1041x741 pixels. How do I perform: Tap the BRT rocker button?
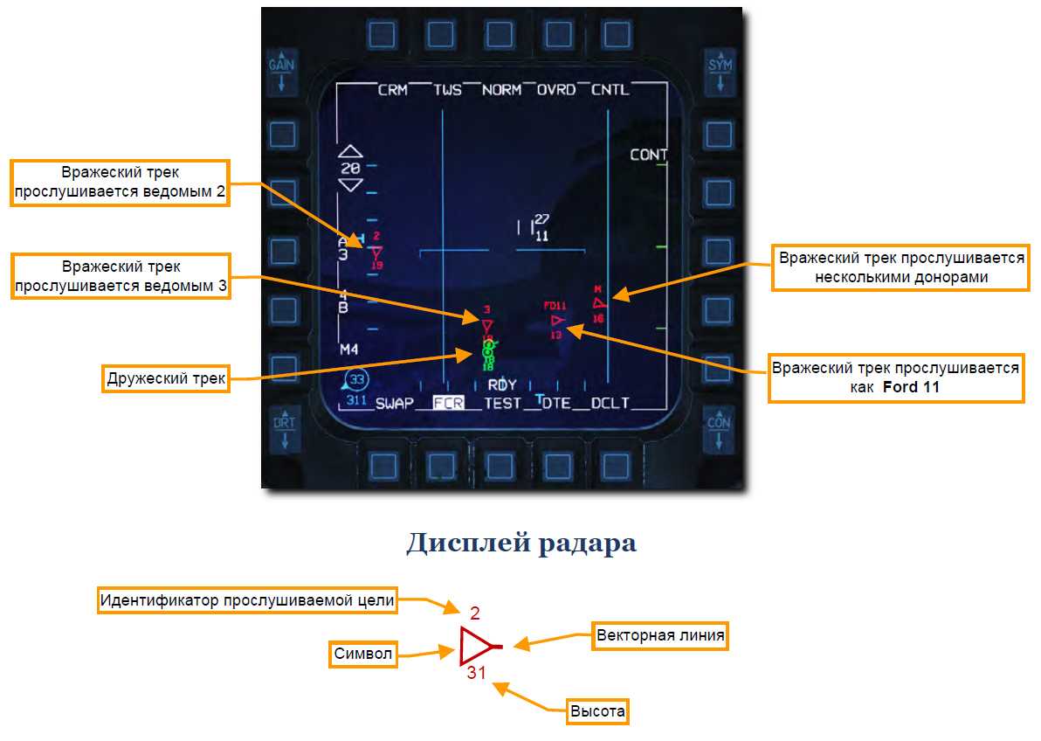pos(282,430)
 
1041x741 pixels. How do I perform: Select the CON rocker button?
pos(719,430)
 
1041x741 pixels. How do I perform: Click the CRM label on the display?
pos(392,90)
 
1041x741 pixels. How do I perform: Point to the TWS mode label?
pos(448,90)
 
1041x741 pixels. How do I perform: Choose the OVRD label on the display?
pos(556,90)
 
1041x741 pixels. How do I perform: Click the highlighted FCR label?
pos(449,404)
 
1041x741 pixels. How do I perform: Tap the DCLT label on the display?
pos(610,404)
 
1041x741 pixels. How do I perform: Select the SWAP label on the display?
pos(395,404)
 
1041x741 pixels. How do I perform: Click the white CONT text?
pos(649,155)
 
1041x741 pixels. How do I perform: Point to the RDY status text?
pos(502,385)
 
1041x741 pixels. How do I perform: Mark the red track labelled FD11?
pos(557,320)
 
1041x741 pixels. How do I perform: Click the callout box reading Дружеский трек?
pos(166,378)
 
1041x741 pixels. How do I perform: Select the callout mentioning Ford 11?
pos(895,377)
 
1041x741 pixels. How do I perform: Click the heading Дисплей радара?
pos(520,543)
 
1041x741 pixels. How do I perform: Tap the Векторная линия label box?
pos(660,635)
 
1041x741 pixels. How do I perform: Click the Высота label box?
pos(597,711)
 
